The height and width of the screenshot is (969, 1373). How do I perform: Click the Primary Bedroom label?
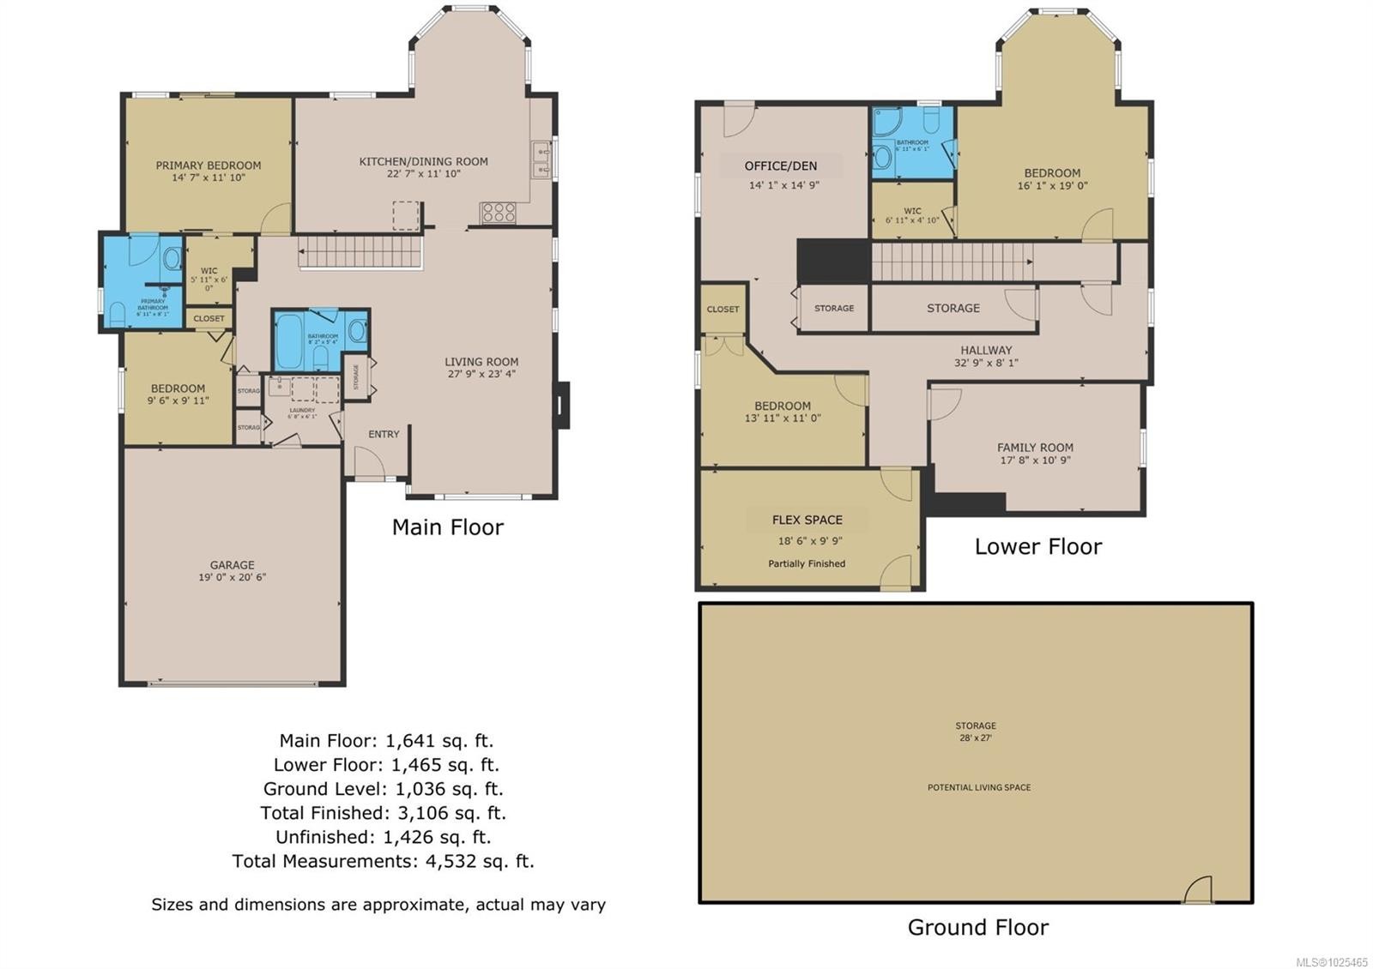209,166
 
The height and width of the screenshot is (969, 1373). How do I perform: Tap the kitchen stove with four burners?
498,212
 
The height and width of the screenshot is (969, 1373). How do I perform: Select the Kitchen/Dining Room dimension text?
423,174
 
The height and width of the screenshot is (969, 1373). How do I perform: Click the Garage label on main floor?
232,565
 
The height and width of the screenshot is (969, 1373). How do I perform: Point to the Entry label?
384,434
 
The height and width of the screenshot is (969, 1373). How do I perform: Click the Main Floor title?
447,527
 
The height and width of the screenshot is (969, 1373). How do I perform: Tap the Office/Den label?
781,166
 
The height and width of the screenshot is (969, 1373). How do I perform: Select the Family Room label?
1035,448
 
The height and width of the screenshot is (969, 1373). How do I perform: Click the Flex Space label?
807,520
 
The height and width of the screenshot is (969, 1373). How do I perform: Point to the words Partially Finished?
807,563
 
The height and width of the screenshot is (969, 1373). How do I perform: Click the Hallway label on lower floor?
986,350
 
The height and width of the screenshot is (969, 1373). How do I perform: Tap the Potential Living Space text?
979,787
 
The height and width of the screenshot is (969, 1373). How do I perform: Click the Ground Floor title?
977,927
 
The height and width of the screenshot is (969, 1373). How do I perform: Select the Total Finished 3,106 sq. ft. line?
383,812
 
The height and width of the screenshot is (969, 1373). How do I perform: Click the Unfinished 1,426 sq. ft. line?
383,836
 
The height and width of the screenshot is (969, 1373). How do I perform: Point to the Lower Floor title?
1037,546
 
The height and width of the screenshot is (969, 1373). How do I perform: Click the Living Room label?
481,362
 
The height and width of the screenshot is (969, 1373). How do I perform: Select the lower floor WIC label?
912,211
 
